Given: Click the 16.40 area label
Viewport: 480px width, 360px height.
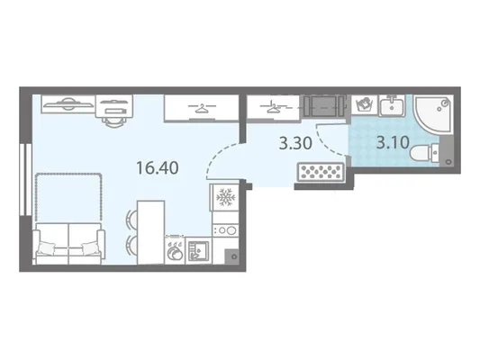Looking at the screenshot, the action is tap(158, 168).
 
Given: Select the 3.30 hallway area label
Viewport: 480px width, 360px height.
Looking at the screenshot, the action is tap(295, 143).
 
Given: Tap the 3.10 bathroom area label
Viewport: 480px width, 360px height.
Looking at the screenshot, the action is tap(393, 142).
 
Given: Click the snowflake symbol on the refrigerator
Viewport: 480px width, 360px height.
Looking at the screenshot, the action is tap(225, 197).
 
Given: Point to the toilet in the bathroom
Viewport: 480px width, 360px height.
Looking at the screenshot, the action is tap(424, 153).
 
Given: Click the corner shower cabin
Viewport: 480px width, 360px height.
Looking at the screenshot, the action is tap(433, 114).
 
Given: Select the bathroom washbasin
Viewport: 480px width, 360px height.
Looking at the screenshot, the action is tap(392, 105).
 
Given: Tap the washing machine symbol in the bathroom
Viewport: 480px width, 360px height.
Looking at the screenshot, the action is tap(365, 105).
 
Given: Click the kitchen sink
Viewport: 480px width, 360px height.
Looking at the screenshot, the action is tap(198, 251).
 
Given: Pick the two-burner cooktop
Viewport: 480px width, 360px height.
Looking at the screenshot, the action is tap(225, 230).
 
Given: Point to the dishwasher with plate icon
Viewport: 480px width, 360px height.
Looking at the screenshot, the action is tap(175, 251).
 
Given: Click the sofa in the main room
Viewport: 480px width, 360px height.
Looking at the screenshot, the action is tap(68, 244).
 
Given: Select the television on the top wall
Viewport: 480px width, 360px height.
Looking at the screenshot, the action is tap(68, 104).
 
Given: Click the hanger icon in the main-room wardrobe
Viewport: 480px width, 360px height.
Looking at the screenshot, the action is tap(202, 108).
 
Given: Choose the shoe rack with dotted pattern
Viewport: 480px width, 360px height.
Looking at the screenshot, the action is tap(321, 172).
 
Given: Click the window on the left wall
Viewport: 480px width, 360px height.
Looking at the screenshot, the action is tap(25, 180).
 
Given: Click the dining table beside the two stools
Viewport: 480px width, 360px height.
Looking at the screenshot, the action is tap(151, 232).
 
